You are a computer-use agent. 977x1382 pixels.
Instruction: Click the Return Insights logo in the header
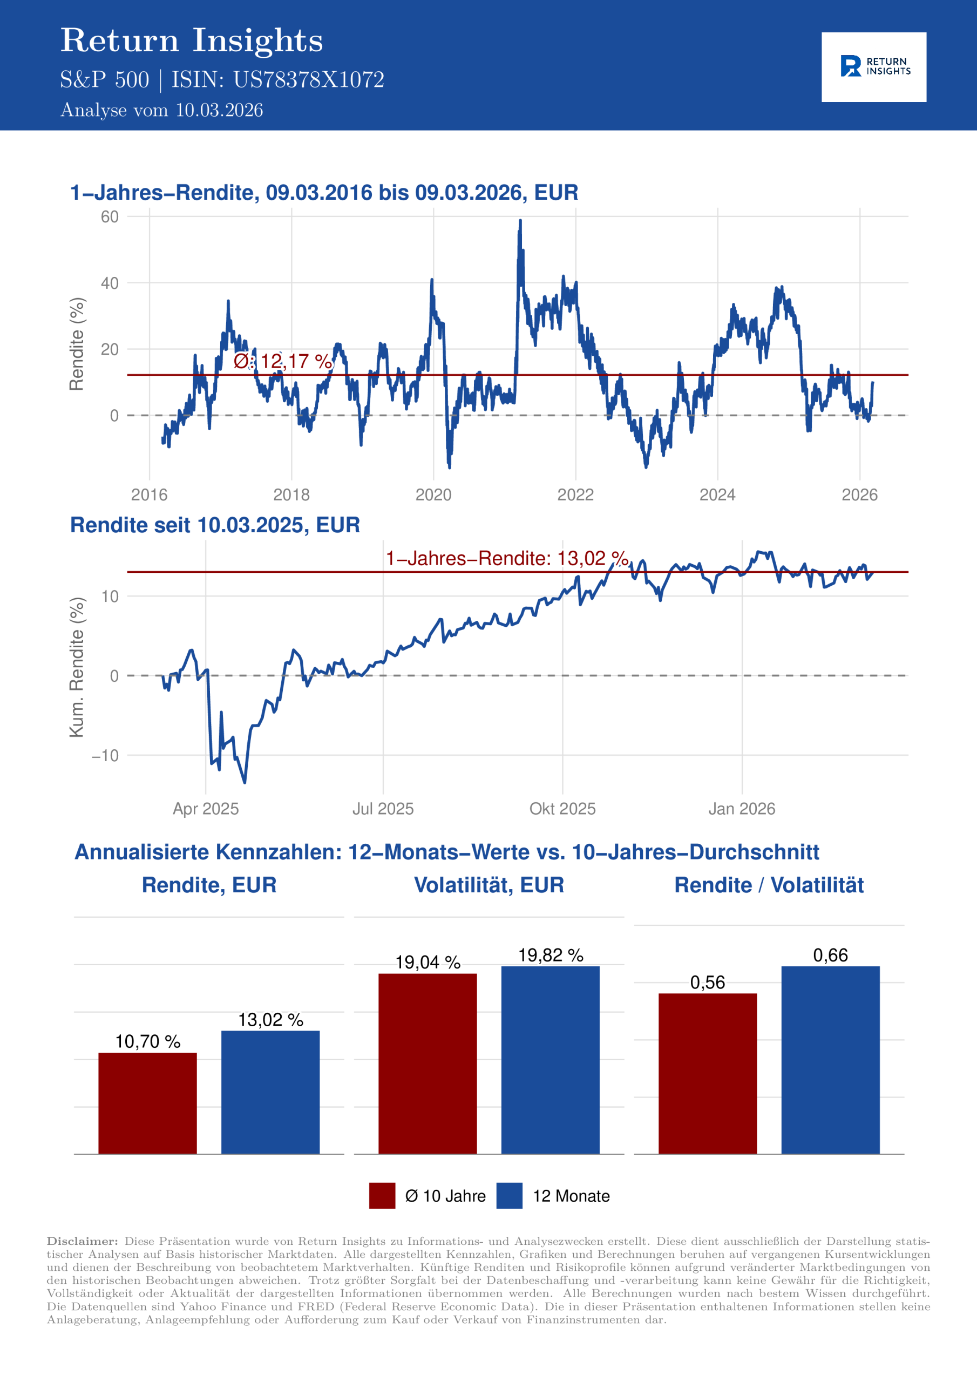[x=873, y=67]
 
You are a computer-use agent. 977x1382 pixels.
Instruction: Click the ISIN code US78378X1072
[x=308, y=80]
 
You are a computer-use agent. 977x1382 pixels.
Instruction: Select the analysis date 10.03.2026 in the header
[x=219, y=110]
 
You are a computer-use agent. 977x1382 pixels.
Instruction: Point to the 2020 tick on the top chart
[x=433, y=495]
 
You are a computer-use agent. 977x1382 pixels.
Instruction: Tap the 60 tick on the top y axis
[x=110, y=216]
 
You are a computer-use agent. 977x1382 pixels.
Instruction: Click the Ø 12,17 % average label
[x=282, y=361]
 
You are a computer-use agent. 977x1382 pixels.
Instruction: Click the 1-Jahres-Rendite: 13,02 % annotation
[x=507, y=558]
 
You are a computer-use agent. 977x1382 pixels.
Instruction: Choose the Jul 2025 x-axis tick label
[x=383, y=808]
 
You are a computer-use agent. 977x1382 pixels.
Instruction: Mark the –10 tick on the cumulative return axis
[x=105, y=755]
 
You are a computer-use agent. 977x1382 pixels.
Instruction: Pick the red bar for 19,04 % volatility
[x=428, y=1063]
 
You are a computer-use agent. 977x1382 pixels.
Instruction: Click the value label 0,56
[x=707, y=983]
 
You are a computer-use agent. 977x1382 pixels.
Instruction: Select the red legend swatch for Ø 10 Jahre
[x=382, y=1195]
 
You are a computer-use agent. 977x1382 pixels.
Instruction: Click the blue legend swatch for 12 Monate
[x=509, y=1195]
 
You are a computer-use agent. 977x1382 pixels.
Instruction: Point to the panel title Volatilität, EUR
[x=489, y=885]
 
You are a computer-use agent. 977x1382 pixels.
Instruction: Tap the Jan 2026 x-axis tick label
[x=742, y=808]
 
